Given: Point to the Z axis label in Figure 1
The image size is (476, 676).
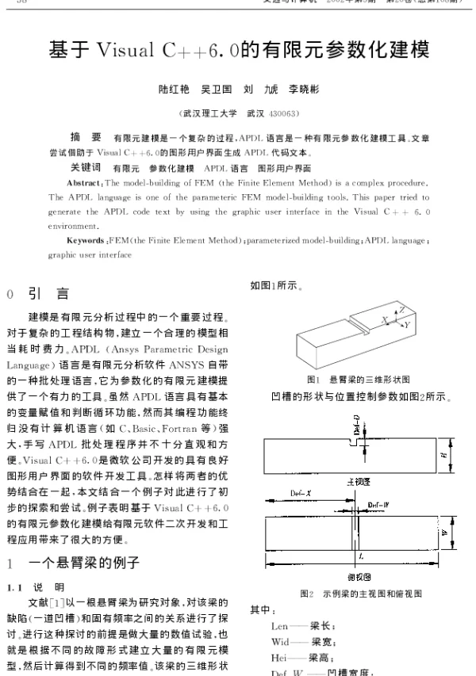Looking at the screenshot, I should [x=402, y=308].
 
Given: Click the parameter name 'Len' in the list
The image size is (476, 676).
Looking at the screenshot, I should [x=280, y=625].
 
